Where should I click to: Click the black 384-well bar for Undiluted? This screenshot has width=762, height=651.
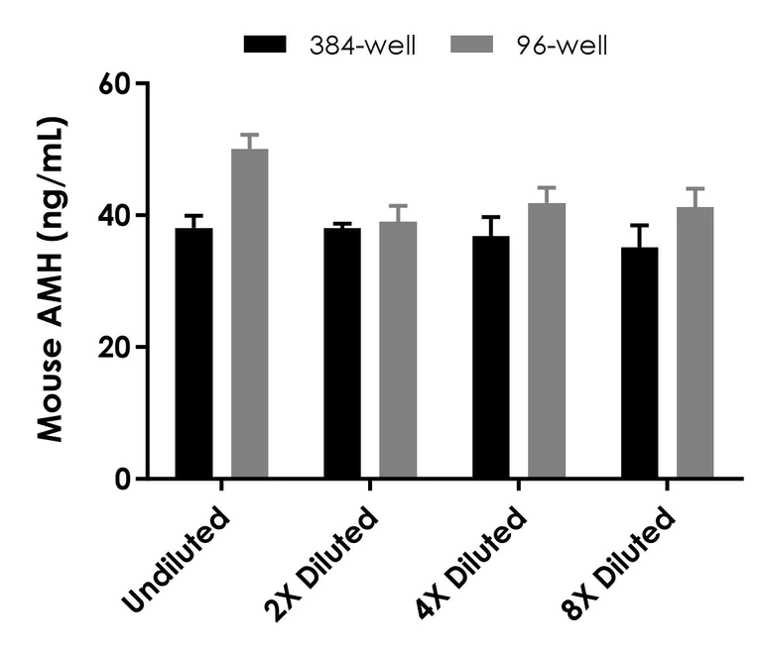point(193,354)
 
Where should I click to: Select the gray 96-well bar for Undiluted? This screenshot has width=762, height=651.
point(249,314)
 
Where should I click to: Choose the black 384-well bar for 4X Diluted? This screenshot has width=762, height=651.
point(491,358)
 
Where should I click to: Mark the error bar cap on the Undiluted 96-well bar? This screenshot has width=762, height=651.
point(249,135)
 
